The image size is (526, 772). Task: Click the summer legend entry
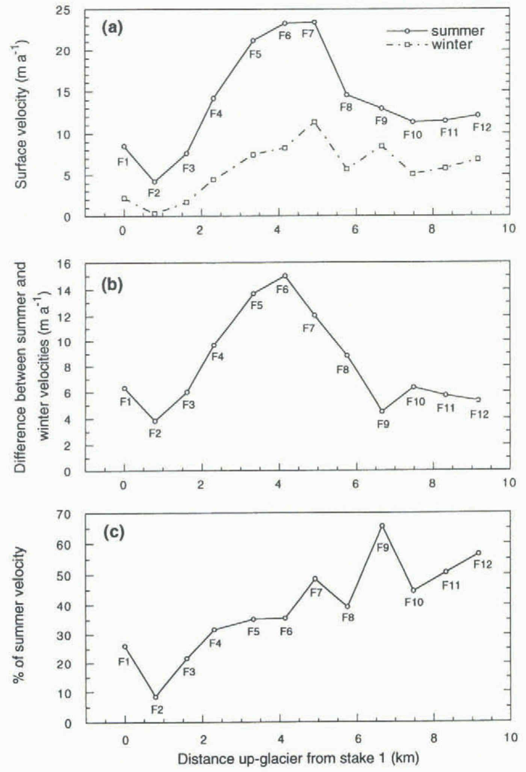436,31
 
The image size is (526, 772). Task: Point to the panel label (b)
112,285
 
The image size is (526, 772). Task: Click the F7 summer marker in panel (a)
314,22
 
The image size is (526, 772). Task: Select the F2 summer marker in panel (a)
154,182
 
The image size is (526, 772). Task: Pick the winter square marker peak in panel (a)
314,122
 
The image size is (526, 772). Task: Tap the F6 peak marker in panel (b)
285,276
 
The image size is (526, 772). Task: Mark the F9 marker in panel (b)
382,411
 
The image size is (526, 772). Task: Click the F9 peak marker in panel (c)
382,526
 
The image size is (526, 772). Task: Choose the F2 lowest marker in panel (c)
156,697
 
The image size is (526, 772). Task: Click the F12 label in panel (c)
482,564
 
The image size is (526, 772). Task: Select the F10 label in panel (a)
413,134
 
